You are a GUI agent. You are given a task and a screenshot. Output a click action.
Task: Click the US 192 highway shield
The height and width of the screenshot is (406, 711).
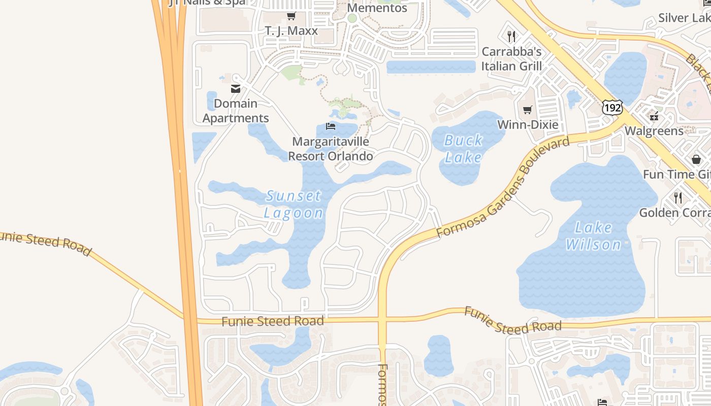coord(612,108)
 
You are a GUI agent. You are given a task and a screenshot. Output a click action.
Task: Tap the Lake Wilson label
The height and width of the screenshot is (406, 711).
coord(593,236)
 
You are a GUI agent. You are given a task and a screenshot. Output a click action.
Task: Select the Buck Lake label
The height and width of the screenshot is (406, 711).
coord(463,149)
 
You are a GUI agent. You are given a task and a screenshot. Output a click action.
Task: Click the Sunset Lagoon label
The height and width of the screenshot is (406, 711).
coord(294,204)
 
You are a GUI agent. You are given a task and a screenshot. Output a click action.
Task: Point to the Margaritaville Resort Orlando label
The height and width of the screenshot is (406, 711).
coord(331,149)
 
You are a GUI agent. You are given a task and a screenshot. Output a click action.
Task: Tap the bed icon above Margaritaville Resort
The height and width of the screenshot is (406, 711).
coord(331,126)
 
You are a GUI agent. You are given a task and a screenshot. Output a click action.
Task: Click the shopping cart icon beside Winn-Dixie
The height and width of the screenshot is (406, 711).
coord(528,110)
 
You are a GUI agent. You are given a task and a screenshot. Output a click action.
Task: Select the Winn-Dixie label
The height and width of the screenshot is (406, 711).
coord(528,125)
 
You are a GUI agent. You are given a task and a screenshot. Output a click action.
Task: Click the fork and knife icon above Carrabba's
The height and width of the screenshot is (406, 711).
coord(511,37)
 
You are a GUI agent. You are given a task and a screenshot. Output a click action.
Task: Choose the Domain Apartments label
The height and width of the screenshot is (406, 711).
coord(236,111)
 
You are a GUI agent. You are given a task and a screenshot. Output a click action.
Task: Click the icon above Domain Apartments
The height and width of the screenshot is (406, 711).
coord(236,89)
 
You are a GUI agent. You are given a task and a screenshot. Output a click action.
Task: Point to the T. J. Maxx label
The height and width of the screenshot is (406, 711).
coord(292,31)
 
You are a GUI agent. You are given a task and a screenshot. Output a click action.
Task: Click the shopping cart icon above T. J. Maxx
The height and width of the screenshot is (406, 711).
coord(292,16)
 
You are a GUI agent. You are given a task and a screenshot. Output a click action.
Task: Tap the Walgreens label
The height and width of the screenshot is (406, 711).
coord(654,131)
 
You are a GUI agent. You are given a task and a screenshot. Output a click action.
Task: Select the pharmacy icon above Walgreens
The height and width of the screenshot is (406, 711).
coord(654,116)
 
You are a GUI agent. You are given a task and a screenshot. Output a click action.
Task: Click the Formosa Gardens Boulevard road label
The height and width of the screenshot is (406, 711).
coord(503,187)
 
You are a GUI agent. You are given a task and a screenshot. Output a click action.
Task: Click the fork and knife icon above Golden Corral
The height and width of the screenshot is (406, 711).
coord(678,197)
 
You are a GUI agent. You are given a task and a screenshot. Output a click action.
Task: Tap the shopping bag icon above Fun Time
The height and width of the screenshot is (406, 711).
coord(696,159)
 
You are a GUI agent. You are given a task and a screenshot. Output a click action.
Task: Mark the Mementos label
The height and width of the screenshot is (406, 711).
coord(377,8)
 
